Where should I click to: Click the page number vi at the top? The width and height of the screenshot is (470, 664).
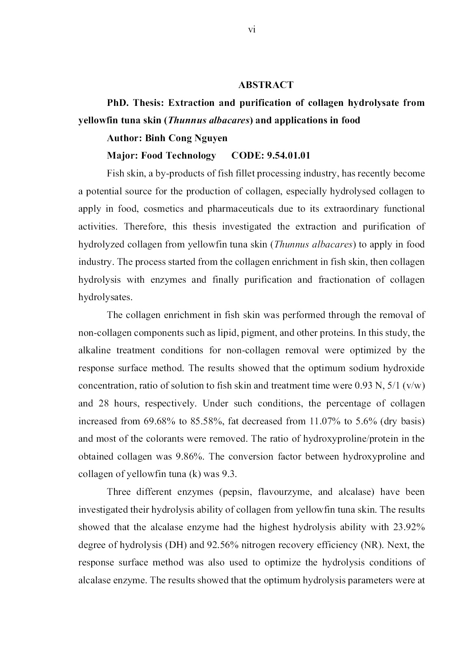pyautogui.click(x=251, y=30)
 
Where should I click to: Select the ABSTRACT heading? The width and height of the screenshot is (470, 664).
pyautogui.click(x=266, y=85)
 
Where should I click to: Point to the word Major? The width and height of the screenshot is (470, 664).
pyautogui.click(x=122, y=156)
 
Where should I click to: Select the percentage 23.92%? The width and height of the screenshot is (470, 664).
pyautogui.click(x=409, y=527)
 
